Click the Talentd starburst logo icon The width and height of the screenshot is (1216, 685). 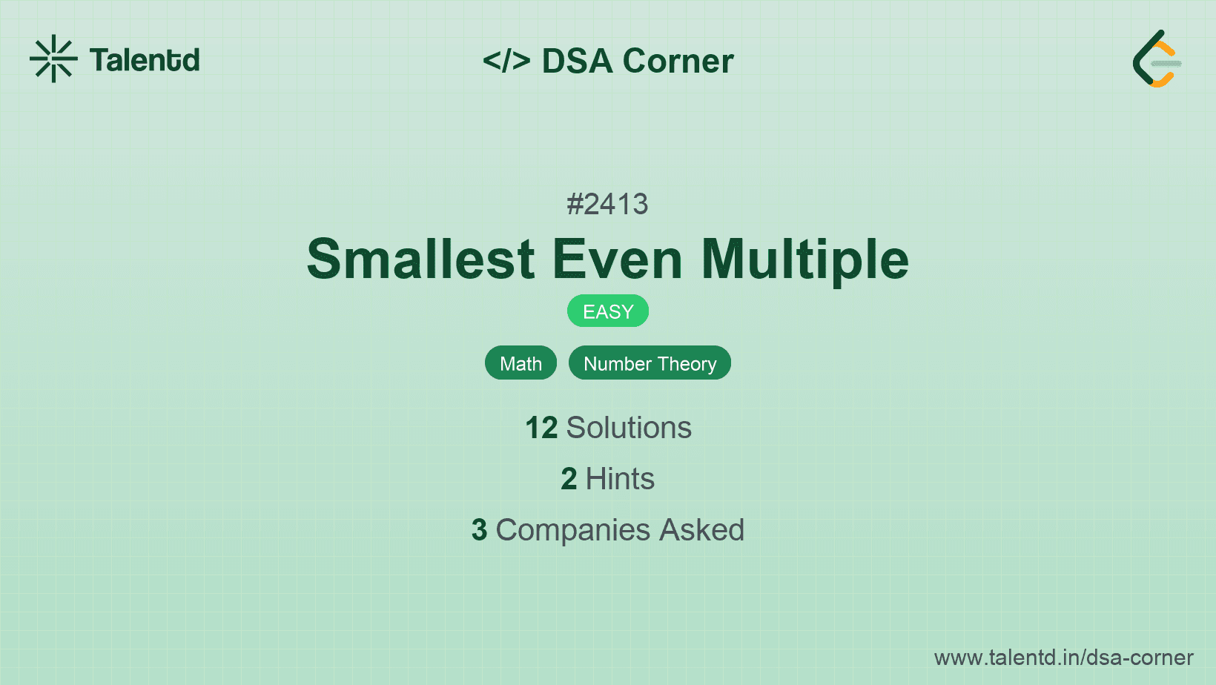53,59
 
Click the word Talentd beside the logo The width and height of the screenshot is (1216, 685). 145,60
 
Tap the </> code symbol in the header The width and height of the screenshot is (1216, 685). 506,61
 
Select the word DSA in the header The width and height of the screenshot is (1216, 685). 578,61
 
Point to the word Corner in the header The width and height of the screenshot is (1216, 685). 678,61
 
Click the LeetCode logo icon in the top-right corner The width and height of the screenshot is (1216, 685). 1157,59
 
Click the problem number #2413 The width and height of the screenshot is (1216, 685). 607,204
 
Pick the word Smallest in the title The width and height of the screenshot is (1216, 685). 420,259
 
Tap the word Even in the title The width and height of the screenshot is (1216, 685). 617,259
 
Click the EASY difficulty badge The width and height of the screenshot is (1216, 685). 608,311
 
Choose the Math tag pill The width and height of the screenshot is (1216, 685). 521,363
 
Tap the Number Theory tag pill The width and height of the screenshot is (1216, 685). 650,363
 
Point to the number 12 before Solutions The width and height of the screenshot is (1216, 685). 541,428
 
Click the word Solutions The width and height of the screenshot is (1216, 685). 629,428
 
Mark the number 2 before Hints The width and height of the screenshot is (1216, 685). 569,479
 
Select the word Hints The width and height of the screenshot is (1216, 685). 620,479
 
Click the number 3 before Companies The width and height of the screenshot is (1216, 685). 479,530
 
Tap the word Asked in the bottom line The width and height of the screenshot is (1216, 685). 701,530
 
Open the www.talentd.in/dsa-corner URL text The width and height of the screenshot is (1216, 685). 1063,658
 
